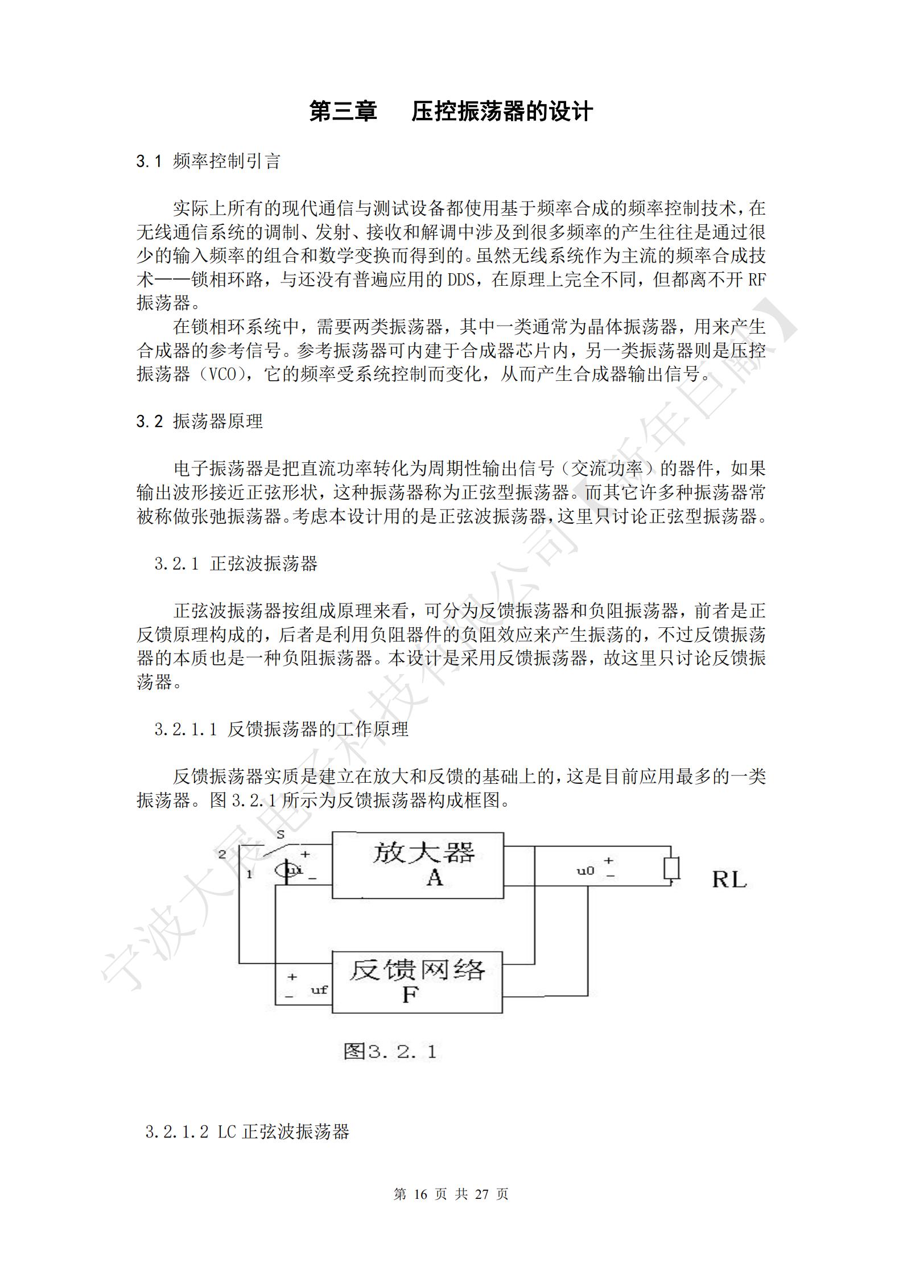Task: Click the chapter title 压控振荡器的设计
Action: pyautogui.click(x=502, y=112)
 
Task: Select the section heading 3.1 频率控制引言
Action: pyautogui.click(x=208, y=162)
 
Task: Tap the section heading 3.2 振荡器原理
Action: pyautogui.click(x=199, y=421)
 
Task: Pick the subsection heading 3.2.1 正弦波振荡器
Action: pyautogui.click(x=236, y=564)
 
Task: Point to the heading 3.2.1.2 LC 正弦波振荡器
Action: pyautogui.click(x=247, y=1132)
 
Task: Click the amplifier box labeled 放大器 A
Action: pyautogui.click(x=418, y=866)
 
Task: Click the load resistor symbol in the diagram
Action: pyautogui.click(x=672, y=869)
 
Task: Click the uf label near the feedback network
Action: pyautogui.click(x=319, y=989)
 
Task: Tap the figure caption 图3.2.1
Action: pyautogui.click(x=390, y=1051)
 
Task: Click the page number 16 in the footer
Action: pyautogui.click(x=420, y=1194)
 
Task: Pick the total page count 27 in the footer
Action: pyautogui.click(x=481, y=1194)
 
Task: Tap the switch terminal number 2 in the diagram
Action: pyautogui.click(x=222, y=854)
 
